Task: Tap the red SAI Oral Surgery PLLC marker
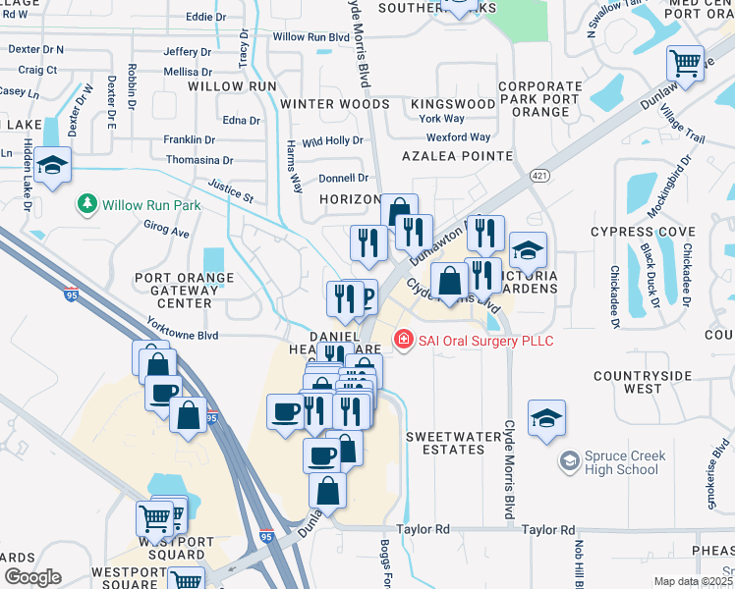click(x=402, y=341)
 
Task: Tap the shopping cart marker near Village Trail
click(x=685, y=64)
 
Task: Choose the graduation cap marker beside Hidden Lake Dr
click(x=53, y=167)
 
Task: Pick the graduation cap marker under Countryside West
click(x=546, y=417)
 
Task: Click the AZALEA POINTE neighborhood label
click(x=456, y=156)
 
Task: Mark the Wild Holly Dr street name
click(x=332, y=140)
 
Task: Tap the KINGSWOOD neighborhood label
click(x=453, y=103)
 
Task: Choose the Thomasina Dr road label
click(x=199, y=160)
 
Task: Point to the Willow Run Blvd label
click(x=311, y=37)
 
